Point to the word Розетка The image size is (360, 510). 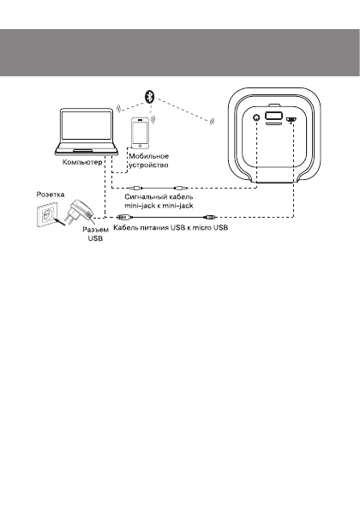point(49,195)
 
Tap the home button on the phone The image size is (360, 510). point(141,147)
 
